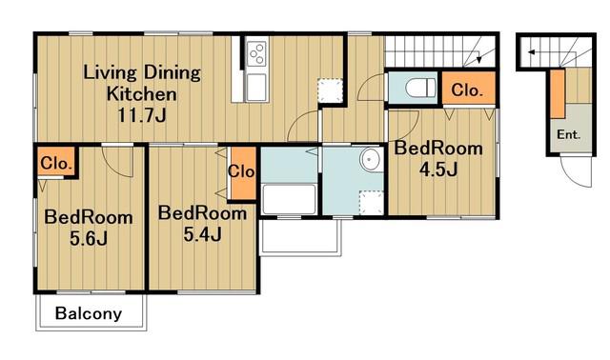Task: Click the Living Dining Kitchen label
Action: click(x=142, y=83)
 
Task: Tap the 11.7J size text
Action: click(x=142, y=115)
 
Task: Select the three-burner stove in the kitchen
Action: click(x=256, y=53)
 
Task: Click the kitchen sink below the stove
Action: click(x=256, y=88)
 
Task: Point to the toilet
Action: click(x=420, y=88)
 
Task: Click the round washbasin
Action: click(x=371, y=159)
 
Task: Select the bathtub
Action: click(x=289, y=199)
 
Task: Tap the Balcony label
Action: click(x=89, y=313)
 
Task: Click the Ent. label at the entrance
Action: click(x=568, y=135)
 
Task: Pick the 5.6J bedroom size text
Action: click(x=89, y=239)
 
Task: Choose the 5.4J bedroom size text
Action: click(x=202, y=234)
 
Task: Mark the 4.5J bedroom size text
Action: click(x=438, y=170)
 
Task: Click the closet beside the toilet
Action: click(x=469, y=88)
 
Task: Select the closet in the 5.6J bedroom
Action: click(x=56, y=161)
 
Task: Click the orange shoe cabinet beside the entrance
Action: click(x=557, y=93)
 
